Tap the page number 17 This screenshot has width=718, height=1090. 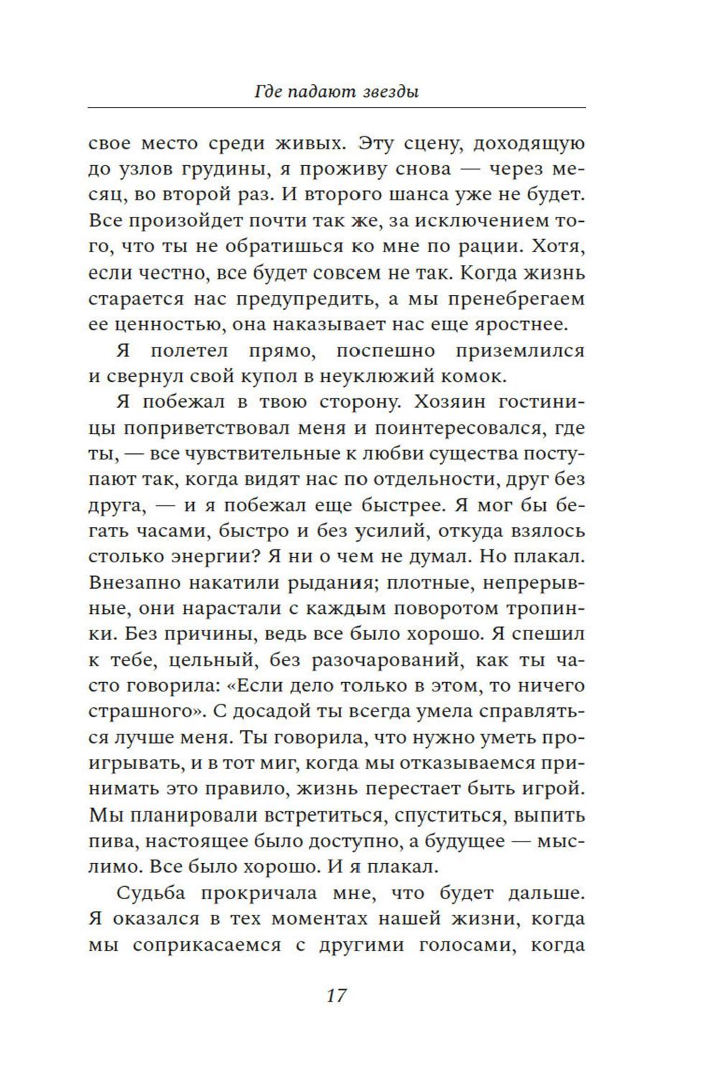[336, 996]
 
